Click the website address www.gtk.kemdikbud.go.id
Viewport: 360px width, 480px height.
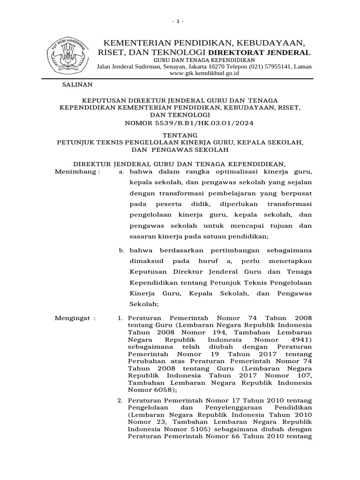pos(204,74)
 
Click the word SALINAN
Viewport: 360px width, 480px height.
pos(78,85)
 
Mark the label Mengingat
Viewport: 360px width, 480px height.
pos(75,318)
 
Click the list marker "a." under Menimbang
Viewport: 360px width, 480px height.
pos(121,172)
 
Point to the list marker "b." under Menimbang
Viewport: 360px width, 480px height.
pos(121,250)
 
